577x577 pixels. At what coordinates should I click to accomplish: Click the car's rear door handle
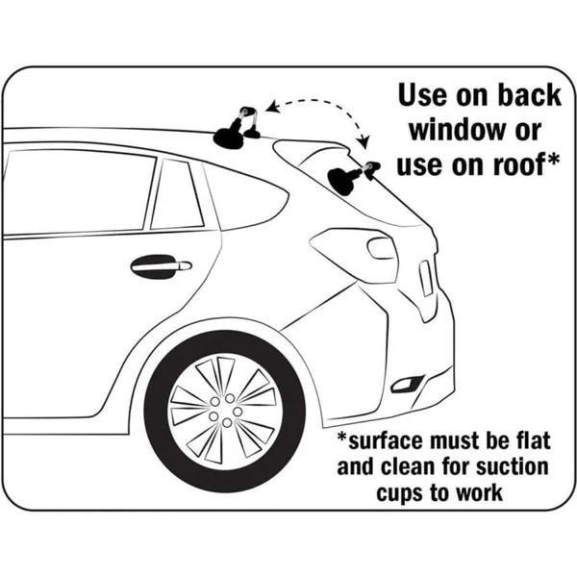point(162,266)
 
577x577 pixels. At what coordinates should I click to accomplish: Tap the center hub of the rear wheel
point(226,410)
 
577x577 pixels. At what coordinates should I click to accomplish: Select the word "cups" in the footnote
point(399,494)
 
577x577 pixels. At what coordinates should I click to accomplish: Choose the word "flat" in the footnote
point(533,440)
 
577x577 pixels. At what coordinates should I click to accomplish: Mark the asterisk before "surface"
point(342,437)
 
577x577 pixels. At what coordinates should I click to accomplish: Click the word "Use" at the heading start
point(423,96)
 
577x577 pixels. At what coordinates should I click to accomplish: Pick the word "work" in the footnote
point(480,493)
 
